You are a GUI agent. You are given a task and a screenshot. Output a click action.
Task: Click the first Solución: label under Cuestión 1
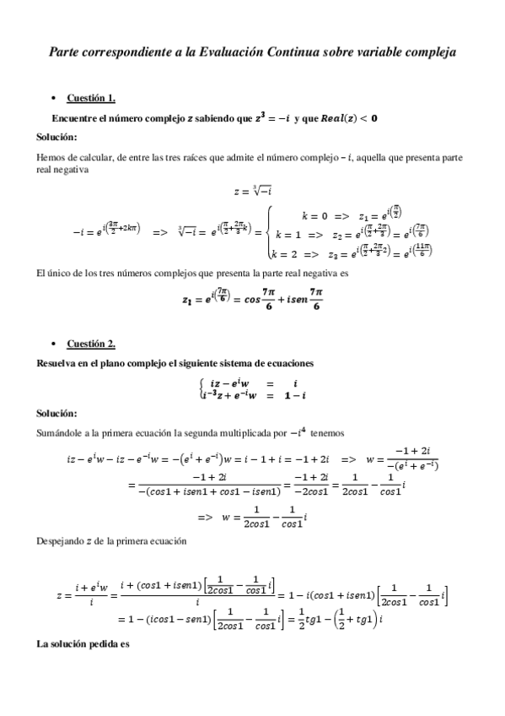[x=57, y=137]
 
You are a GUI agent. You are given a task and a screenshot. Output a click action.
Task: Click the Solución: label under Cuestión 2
[x=57, y=414]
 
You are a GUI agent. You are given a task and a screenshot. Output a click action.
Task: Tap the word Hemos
[x=51, y=157]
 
